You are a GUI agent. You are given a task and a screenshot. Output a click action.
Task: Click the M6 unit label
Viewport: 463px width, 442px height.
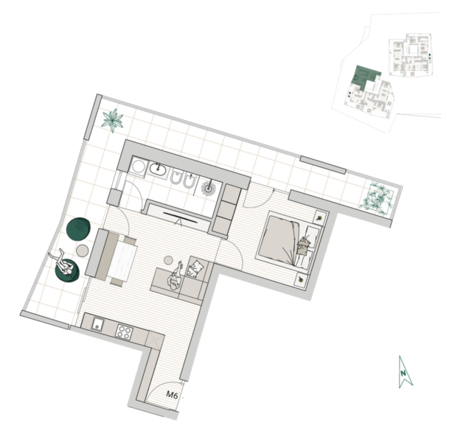pos(172,395)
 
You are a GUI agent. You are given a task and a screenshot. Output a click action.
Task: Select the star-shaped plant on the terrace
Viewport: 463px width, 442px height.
pos(112,120)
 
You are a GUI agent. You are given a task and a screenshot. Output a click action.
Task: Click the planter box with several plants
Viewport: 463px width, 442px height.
pos(377,199)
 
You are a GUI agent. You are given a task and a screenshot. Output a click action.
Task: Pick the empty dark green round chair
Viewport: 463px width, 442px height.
pos(78,229)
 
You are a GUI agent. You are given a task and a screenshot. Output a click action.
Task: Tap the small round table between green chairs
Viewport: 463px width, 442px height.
pos(83,250)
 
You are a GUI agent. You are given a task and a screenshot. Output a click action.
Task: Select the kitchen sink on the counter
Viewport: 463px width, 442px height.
pos(97,324)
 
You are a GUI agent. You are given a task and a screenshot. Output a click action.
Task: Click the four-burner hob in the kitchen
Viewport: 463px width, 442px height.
pos(124,332)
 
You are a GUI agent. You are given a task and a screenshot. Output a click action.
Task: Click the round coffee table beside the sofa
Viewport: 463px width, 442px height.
pos(168,260)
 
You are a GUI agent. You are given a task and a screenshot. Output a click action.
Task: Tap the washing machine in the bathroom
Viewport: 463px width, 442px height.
pos(138,166)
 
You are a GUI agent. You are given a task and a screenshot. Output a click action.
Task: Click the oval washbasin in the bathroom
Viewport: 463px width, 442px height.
pos(158,169)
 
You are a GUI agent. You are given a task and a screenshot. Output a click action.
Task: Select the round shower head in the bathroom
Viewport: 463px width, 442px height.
pos(209,188)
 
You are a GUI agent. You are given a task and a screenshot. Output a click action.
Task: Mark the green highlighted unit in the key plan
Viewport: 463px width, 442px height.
pos(363,77)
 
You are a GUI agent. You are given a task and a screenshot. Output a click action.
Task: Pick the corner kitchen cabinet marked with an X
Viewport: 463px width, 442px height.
pos(155,340)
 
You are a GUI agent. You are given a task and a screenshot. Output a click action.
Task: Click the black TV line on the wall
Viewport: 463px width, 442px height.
pos(181,217)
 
